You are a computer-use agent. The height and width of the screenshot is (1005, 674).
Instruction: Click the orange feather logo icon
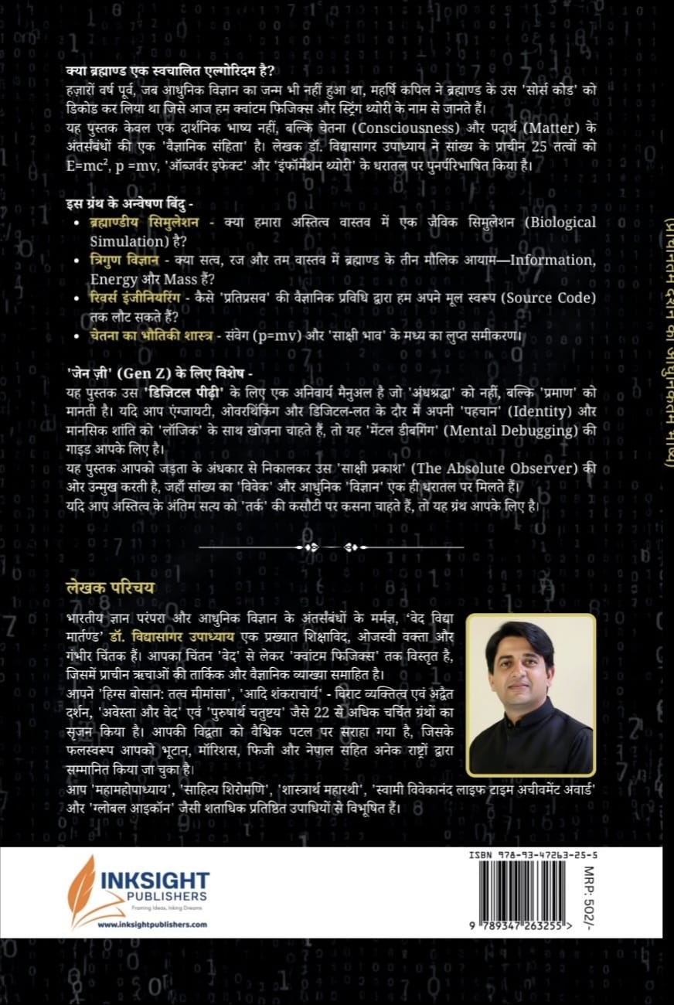[81, 889]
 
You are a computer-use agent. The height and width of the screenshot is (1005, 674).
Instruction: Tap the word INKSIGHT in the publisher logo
[155, 881]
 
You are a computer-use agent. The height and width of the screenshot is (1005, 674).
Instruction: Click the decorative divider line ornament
[332, 547]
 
